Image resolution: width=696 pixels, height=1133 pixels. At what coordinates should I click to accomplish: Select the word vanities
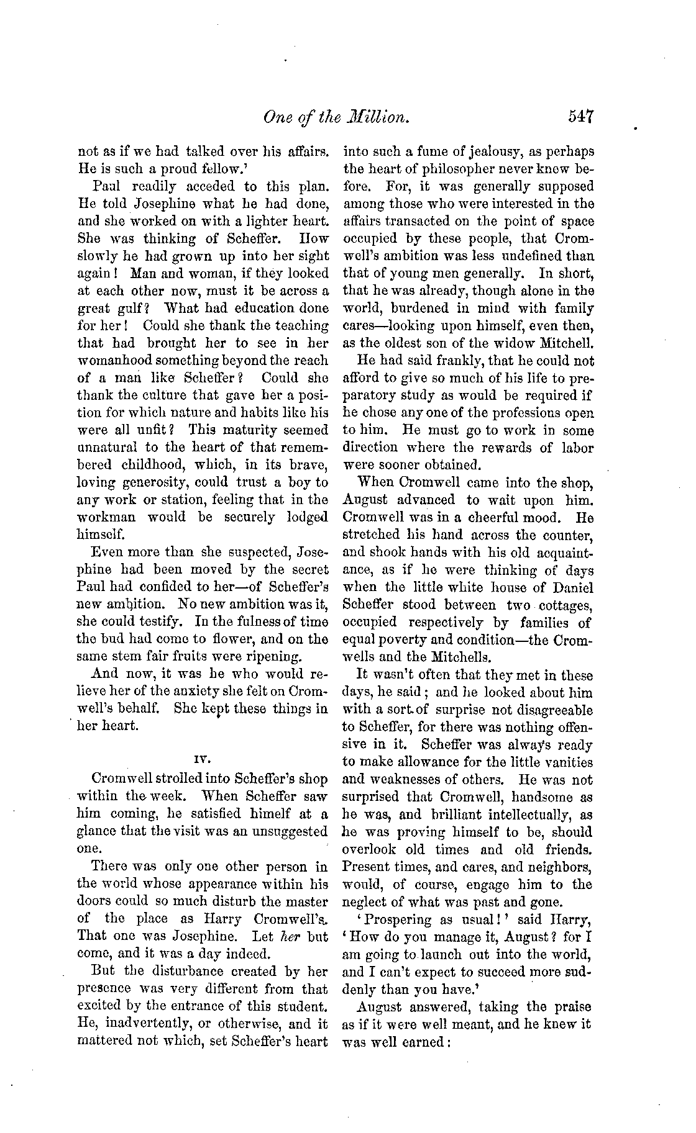pos(567,762)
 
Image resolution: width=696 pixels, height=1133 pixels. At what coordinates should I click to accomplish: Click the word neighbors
pos(554,866)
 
